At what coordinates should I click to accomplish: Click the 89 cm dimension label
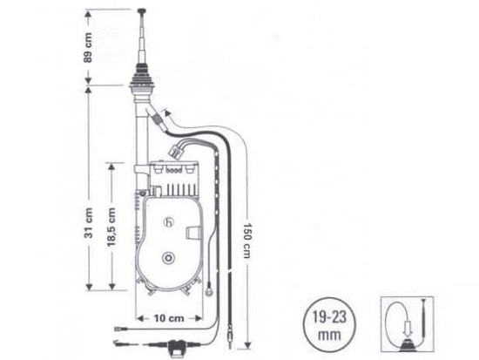88,47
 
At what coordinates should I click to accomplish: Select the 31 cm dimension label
88,223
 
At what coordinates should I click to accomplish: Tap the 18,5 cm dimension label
111,227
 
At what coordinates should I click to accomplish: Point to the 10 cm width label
169,318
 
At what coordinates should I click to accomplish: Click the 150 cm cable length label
247,241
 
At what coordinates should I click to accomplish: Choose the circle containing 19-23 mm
329,325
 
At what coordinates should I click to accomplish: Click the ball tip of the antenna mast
141,11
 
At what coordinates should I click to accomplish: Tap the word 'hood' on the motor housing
173,170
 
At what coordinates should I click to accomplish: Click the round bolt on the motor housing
168,259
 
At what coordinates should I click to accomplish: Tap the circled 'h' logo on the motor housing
169,222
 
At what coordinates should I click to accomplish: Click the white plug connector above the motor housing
175,153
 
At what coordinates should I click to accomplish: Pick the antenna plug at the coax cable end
230,337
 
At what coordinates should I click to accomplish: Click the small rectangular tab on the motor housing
192,234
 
